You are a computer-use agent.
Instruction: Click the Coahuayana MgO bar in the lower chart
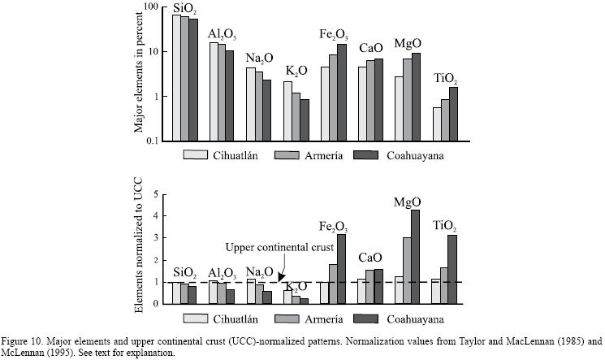416,257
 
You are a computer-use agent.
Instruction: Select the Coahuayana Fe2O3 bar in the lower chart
341,269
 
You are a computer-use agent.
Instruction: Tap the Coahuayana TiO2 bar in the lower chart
453,269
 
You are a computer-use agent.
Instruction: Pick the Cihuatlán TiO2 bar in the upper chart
437,124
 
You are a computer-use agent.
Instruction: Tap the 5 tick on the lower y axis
162,196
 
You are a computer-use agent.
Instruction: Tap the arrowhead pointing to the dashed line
282,277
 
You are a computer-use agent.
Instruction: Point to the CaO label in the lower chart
374,258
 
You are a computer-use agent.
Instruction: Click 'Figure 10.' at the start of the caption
21,341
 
